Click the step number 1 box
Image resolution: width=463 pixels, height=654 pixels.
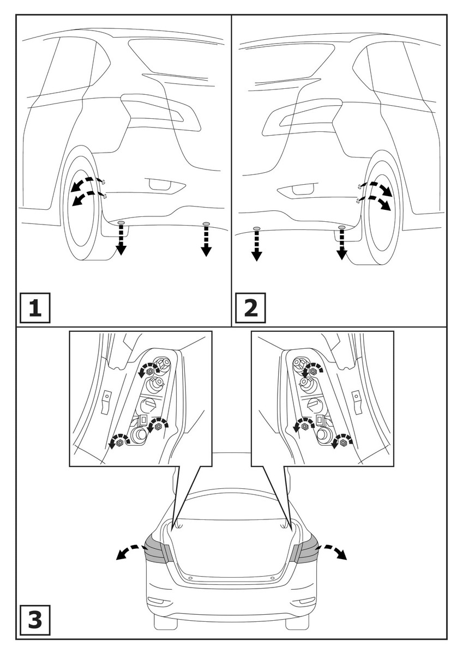coord(34,308)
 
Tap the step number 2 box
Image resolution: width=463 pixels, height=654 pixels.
coord(250,308)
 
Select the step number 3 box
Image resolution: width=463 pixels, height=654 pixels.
coord(34,621)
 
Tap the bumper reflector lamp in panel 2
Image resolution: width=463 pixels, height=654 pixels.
coord(298,190)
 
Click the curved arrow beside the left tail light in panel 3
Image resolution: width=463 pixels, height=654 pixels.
coord(129,552)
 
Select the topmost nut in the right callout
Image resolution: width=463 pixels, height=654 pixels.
coord(314,371)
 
